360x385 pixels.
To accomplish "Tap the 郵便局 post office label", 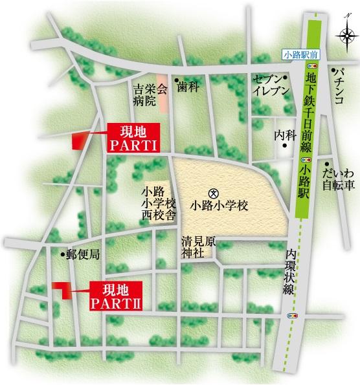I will click(x=82, y=255).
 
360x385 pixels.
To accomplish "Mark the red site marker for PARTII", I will click(x=62, y=290).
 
